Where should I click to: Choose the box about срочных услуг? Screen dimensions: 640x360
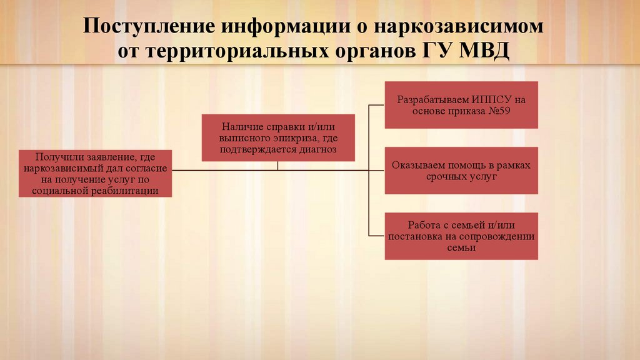[461, 171]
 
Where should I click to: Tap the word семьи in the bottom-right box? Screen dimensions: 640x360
[461, 247]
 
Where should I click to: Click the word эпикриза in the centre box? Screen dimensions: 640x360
[296, 138]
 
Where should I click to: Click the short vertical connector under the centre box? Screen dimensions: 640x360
[277, 166]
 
